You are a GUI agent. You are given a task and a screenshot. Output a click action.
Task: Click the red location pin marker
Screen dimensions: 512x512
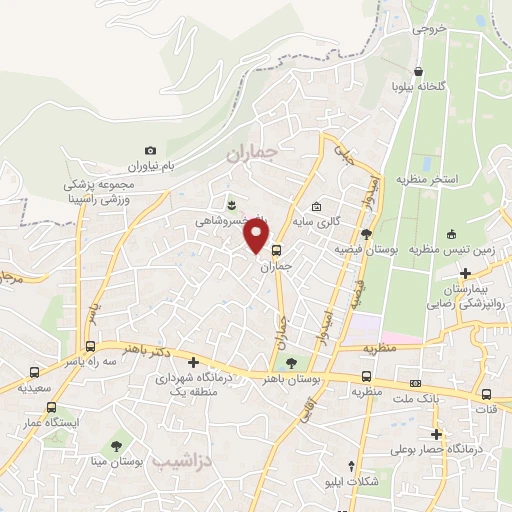[x=258, y=236]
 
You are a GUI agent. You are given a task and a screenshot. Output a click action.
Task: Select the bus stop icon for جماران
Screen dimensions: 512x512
[x=276, y=251]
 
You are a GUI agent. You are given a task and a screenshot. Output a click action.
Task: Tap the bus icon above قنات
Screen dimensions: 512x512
[x=486, y=393]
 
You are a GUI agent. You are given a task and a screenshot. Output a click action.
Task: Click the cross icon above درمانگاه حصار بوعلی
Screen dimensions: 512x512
[x=436, y=434]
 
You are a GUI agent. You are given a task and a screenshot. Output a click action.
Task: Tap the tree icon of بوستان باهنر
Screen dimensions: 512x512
[x=291, y=363]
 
